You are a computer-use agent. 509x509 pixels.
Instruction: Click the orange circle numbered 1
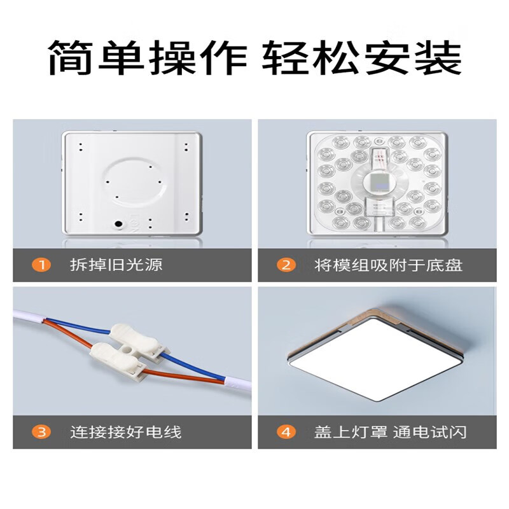tap(41, 265)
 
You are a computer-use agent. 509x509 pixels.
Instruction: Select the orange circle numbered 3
tap(41, 433)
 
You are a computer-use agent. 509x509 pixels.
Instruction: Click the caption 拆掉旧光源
tap(116, 265)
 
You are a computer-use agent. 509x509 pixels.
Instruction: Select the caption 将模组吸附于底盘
tap(388, 265)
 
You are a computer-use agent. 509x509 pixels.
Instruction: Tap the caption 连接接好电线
tap(125, 433)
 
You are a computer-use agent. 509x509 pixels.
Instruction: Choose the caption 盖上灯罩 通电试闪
tap(390, 433)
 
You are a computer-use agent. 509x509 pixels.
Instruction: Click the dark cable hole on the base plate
tap(118, 224)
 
